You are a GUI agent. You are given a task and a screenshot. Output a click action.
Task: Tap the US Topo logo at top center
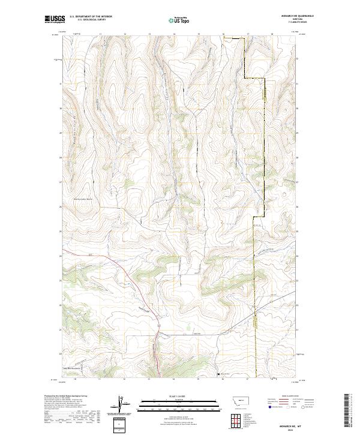(179, 20)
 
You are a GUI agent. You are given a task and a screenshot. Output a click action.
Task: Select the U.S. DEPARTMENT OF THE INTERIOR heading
(90, 17)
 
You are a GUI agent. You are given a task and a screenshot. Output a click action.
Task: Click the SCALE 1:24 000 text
(179, 396)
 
